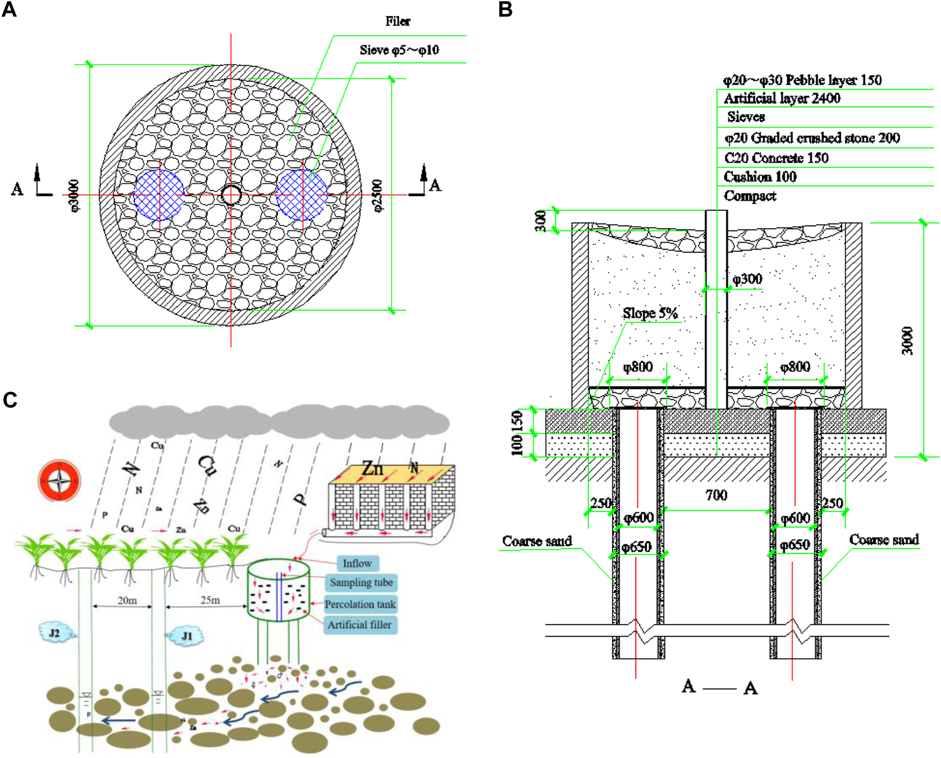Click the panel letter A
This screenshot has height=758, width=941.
9,9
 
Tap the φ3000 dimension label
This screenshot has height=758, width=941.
74,195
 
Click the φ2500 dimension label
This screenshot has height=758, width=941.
377,195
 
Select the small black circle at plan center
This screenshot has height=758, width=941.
231,195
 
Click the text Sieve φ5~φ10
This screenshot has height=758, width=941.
399,50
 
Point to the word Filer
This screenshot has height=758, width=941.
398,21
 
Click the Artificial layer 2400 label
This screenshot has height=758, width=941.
782,98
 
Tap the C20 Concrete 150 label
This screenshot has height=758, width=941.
776,158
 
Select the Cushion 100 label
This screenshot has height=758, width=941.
760,176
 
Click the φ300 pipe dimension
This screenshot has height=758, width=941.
747,279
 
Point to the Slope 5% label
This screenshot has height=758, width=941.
650,313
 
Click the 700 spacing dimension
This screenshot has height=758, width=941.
716,495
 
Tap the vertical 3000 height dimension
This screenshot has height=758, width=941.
908,340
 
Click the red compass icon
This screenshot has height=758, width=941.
59,480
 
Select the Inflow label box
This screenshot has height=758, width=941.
357,563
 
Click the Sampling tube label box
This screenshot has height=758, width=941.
361,583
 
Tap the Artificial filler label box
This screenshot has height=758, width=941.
360,625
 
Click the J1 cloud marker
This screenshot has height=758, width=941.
186,636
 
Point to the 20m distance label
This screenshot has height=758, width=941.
127,600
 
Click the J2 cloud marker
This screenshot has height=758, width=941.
55,633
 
